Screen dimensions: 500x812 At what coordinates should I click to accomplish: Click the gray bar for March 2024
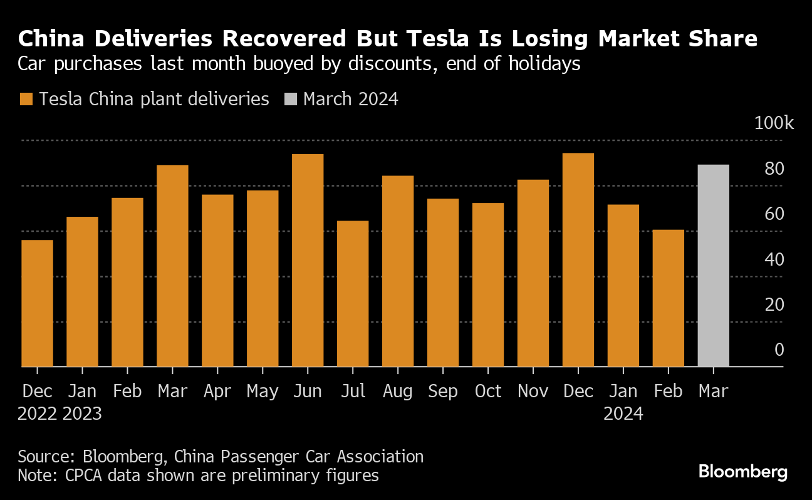(x=713, y=266)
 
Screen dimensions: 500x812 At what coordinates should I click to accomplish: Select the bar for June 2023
(x=308, y=260)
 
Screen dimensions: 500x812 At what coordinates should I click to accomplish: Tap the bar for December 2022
(x=37, y=303)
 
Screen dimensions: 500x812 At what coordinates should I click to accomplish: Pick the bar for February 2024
(x=668, y=298)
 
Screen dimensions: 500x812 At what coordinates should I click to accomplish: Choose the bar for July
(x=353, y=294)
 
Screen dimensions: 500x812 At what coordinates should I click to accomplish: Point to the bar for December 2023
(x=578, y=260)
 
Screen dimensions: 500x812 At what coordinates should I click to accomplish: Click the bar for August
(x=398, y=271)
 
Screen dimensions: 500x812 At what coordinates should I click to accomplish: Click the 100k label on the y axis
(x=774, y=123)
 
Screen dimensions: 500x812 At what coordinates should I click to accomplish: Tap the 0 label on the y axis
(x=779, y=349)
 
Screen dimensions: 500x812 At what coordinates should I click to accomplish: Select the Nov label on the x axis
(x=533, y=391)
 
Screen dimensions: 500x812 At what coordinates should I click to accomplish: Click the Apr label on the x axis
(x=217, y=391)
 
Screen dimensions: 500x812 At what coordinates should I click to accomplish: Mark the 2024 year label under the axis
(x=623, y=414)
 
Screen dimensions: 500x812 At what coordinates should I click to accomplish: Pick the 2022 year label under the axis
(x=38, y=414)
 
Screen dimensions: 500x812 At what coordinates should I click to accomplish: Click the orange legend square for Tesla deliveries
(x=26, y=100)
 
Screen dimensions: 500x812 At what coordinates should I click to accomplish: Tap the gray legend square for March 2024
(x=291, y=100)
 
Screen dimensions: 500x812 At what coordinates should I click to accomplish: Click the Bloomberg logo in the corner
(x=742, y=472)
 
